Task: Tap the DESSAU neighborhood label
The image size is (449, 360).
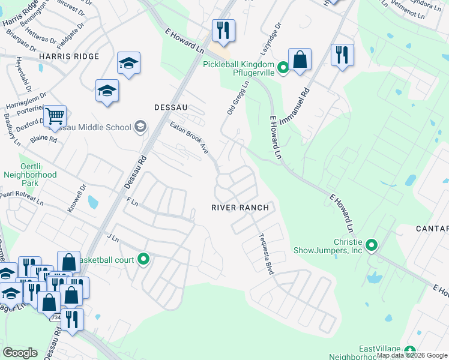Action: pyautogui.click(x=171, y=107)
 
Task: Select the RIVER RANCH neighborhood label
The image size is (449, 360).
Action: pyautogui.click(x=240, y=207)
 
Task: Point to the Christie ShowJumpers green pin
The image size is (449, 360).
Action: pyautogui.click(x=372, y=245)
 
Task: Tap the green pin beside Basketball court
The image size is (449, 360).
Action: pyautogui.click(x=143, y=259)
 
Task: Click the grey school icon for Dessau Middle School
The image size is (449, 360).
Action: pyautogui.click(x=140, y=127)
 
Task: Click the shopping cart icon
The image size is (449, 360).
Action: pyautogui.click(x=55, y=115)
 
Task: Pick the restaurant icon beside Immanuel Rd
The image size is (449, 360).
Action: pyautogui.click(x=342, y=55)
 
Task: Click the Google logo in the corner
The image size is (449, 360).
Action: pyautogui.click(x=20, y=353)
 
